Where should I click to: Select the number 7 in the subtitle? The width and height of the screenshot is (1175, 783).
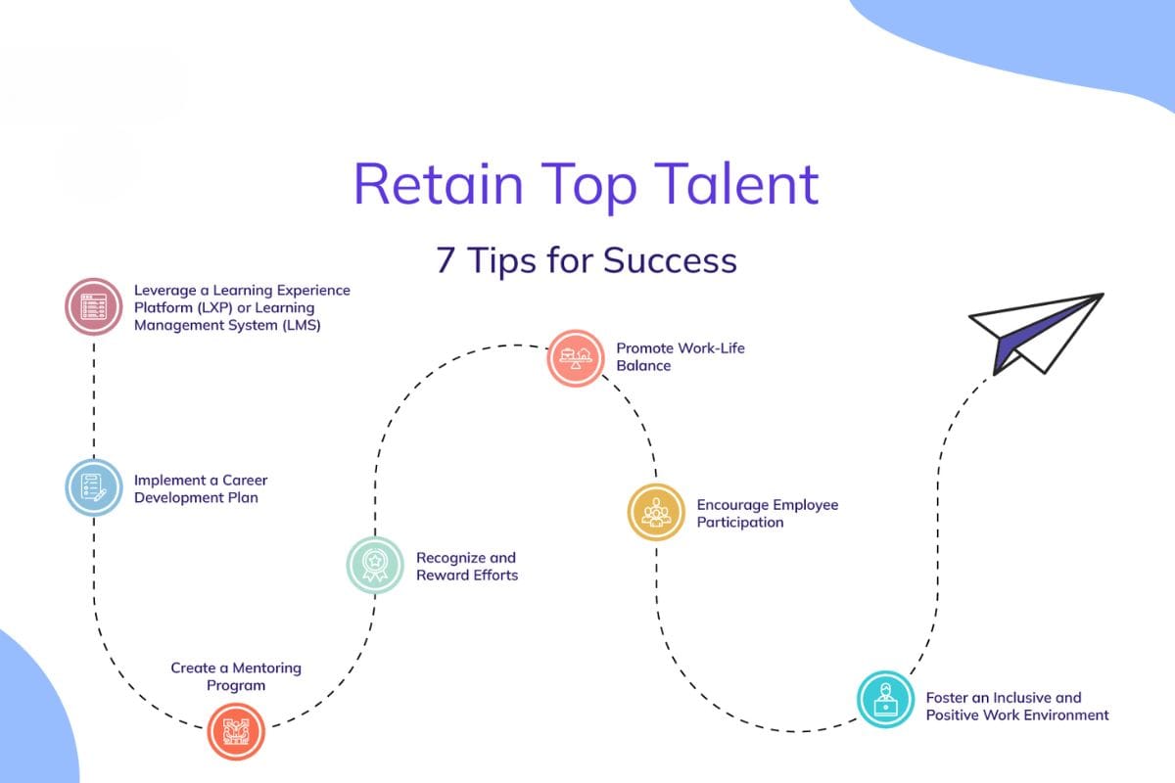(x=446, y=260)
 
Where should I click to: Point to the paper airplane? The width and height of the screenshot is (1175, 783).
(x=1033, y=333)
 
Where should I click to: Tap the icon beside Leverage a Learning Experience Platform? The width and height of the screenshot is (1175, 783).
(x=94, y=306)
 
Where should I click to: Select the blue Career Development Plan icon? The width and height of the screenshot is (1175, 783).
(x=94, y=487)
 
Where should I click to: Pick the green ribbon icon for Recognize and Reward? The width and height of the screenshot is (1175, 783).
(x=375, y=565)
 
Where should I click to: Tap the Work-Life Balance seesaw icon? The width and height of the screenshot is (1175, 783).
(x=575, y=357)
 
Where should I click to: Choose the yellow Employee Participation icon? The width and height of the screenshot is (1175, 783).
(x=655, y=512)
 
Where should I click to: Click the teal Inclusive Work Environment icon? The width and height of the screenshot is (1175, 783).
(x=885, y=699)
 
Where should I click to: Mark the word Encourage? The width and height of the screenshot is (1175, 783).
(x=732, y=505)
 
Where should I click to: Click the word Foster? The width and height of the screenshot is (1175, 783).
(x=947, y=697)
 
